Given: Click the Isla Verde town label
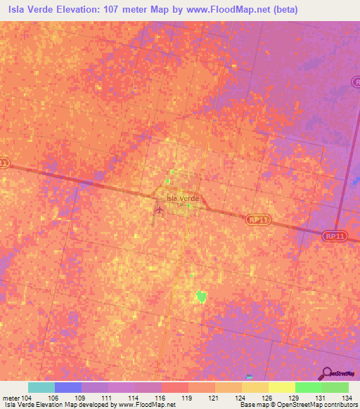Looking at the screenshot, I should pos(183,199).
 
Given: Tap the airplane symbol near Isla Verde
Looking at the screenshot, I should pos(160,209).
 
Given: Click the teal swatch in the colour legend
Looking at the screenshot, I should pos(41,387).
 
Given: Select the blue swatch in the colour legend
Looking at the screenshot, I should pos(68,387).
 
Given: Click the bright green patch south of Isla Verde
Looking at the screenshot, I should pos(202,297).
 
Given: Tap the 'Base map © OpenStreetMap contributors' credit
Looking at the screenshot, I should pos(298,405).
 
